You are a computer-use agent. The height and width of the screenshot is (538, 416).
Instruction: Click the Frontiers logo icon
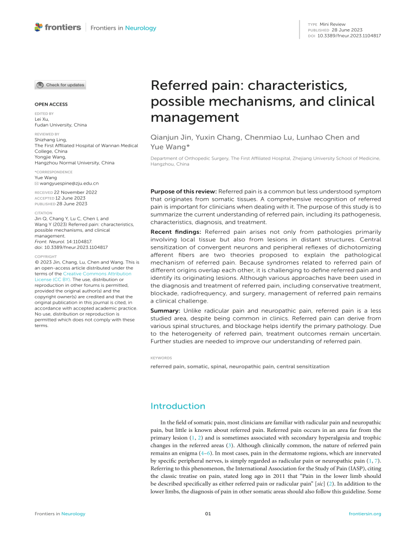pos(38,27)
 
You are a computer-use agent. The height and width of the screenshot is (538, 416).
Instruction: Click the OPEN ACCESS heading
pos(51,103)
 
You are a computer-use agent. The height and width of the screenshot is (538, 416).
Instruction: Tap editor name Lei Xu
pos(42,119)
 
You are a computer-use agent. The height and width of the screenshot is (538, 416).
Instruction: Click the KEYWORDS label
pos(161,358)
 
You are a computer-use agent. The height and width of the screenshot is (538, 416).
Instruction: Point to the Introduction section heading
pos(178,405)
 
